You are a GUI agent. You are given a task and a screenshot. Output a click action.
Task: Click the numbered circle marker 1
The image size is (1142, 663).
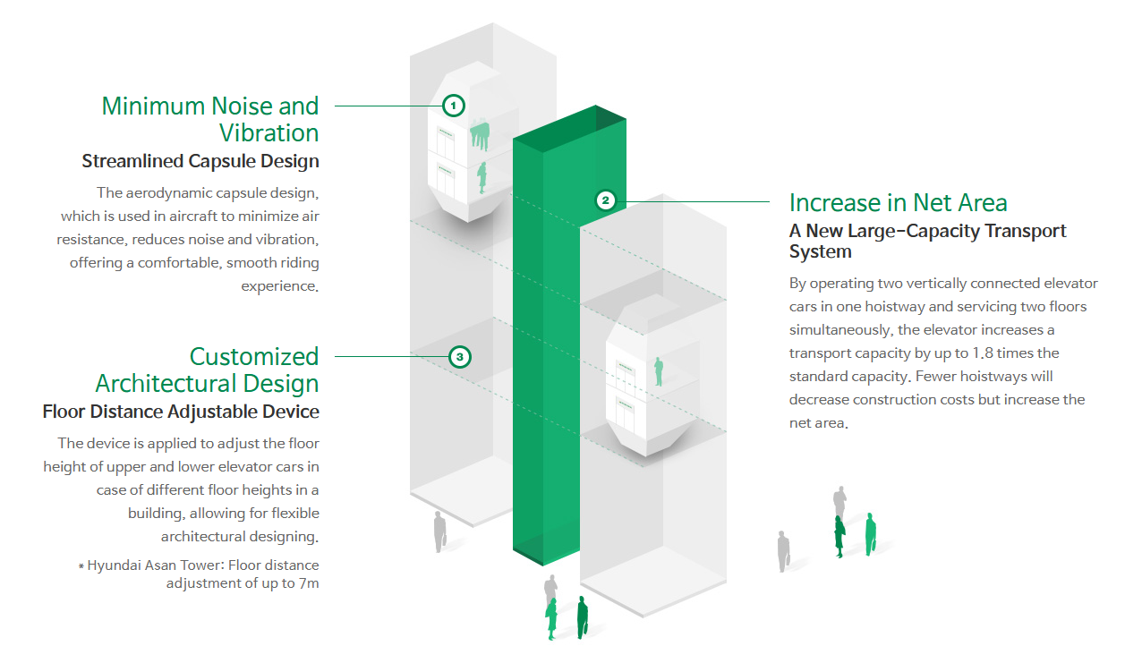coord(454,106)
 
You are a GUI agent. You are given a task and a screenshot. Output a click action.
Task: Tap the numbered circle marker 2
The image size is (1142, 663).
coord(606,200)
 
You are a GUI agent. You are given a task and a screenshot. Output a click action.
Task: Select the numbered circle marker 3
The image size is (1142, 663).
coord(459,358)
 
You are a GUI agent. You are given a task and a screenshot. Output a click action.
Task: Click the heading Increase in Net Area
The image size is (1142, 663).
coord(899,202)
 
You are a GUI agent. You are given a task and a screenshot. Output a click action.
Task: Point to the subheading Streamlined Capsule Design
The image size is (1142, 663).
coord(200,162)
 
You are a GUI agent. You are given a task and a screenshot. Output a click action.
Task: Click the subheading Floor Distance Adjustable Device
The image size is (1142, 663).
coord(181,412)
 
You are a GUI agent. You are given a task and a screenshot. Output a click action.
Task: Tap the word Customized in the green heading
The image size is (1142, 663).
coord(254,357)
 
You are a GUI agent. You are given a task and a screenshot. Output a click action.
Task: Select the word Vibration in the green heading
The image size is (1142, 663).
coord(269,133)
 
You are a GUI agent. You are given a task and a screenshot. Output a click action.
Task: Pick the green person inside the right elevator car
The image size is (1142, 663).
coord(659,370)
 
